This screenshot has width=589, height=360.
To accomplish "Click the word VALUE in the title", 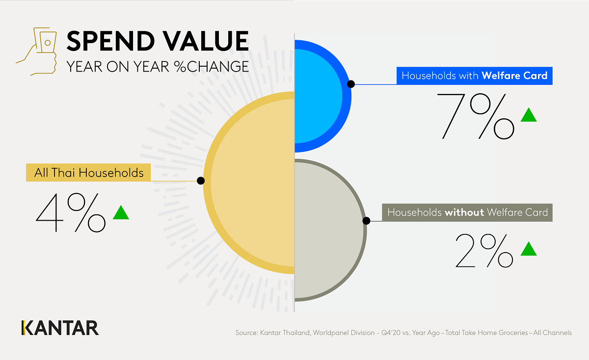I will pos(207,41).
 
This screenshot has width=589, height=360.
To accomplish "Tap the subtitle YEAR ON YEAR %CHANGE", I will pos(158,66).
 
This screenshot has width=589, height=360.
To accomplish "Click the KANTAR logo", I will pos(60,328).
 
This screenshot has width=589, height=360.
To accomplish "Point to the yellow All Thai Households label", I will pos(89,173).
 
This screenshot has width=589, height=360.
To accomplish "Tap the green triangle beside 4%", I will pos(121,213).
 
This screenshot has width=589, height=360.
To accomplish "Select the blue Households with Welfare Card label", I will pos(474,76).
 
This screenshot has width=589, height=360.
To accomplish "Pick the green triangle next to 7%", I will pos(529,116).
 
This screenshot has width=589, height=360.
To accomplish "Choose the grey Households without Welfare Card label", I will pos(467,213).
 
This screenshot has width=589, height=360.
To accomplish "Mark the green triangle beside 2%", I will pos(529,249).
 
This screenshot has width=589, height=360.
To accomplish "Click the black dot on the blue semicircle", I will pos(350,84).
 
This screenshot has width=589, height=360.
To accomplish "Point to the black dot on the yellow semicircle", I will pos(200,180).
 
